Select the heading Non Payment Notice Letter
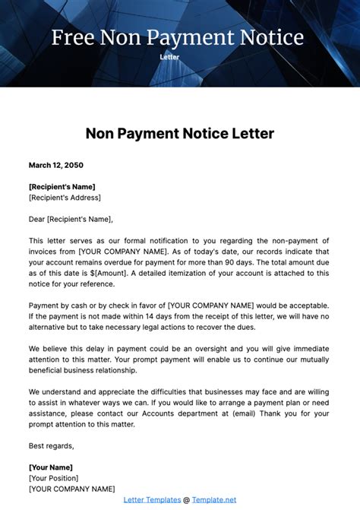(179, 134)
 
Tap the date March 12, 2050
(56, 165)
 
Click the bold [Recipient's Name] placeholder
(62, 187)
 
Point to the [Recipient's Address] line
(65, 198)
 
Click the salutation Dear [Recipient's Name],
(71, 219)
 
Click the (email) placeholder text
(240, 413)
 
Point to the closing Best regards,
(52, 445)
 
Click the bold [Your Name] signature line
(51, 467)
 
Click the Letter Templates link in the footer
(152, 499)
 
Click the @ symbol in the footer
(187, 499)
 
